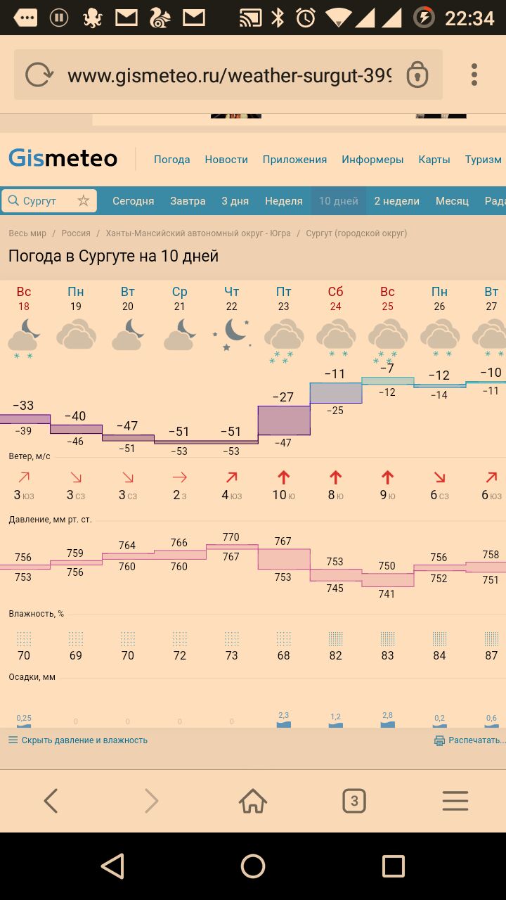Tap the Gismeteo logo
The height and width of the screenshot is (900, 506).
[63, 158]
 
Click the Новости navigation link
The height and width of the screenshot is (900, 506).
[226, 160]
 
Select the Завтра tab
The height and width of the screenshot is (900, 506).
[188, 201]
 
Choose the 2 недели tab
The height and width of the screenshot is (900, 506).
[396, 201]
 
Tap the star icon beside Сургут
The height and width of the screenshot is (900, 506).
[84, 201]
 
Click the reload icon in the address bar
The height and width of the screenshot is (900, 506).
[39, 75]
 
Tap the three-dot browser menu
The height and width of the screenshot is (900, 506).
[474, 75]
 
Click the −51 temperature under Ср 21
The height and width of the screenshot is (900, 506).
[179, 431]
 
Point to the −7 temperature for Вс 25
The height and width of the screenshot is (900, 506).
[387, 368]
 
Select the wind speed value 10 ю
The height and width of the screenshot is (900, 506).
[283, 495]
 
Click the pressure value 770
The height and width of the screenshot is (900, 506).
[231, 537]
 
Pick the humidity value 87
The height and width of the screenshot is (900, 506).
[491, 655]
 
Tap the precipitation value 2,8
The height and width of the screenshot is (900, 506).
[387, 716]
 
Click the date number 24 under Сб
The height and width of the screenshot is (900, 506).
[335, 307]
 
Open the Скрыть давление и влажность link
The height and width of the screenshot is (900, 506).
[84, 740]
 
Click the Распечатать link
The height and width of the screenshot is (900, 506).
[475, 740]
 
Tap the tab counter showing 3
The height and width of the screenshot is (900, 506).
[354, 801]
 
